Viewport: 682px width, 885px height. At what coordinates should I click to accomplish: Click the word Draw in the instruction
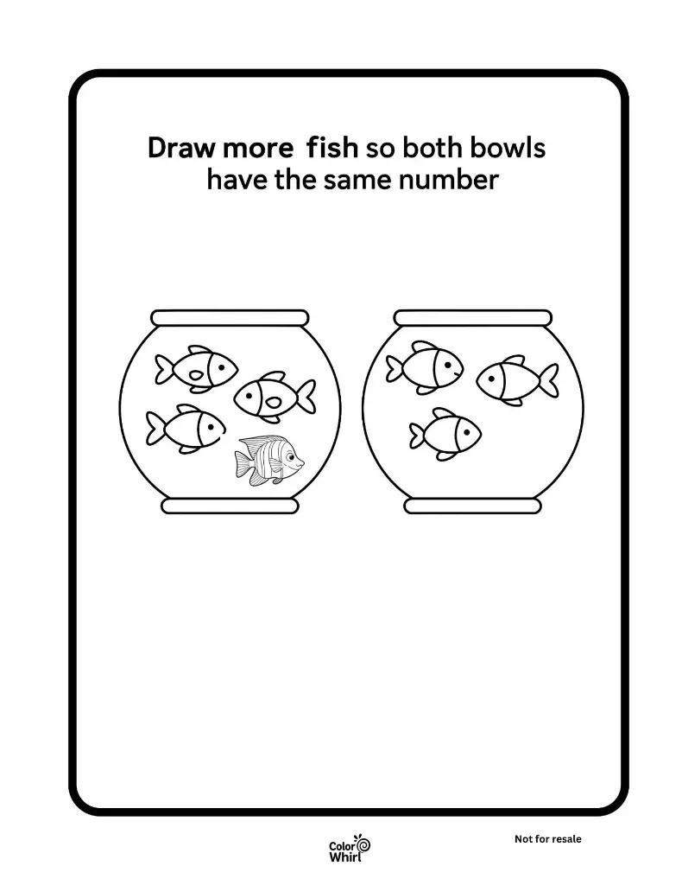[181, 148]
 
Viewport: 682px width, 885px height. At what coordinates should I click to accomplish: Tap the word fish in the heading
[332, 147]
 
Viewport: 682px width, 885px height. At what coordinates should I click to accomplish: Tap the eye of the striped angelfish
[289, 455]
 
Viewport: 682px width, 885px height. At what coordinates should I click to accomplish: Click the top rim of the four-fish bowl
[230, 318]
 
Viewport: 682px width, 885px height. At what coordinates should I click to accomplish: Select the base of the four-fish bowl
[230, 506]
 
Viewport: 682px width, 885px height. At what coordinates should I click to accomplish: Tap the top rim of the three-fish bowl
[473, 318]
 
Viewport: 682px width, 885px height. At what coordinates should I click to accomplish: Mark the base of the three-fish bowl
[473, 506]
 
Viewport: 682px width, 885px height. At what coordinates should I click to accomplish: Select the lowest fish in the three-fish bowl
[445, 434]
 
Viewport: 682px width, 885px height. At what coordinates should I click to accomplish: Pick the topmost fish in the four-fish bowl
[196, 368]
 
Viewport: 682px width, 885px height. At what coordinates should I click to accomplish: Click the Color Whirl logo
[350, 849]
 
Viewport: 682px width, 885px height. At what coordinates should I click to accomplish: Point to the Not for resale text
[548, 839]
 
